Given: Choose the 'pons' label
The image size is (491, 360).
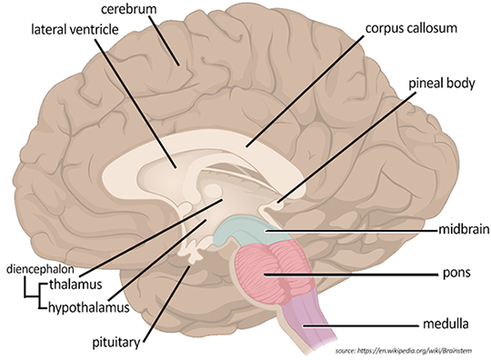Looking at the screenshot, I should click(x=452, y=273).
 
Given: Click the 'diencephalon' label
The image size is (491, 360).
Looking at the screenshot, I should click(x=42, y=268).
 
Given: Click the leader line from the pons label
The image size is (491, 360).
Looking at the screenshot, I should click(x=364, y=273).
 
